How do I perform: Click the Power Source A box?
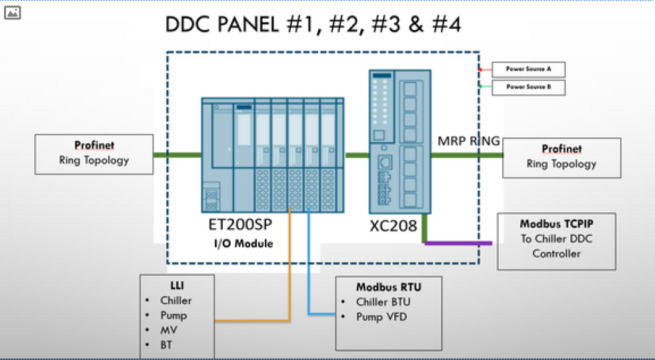click(x=528, y=69)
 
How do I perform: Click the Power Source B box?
click(x=528, y=87)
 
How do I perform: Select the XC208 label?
click(x=394, y=226)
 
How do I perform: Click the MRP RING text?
click(x=468, y=141)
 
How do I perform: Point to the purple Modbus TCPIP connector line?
click(x=460, y=243)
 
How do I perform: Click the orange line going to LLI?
click(x=253, y=321)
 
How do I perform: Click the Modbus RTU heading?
click(x=388, y=287)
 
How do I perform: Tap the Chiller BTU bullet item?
click(x=383, y=302)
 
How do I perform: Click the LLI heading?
click(x=176, y=285)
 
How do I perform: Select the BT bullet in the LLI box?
click(x=167, y=345)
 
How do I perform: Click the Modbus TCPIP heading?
click(x=556, y=225)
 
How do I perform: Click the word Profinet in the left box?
click(x=93, y=145)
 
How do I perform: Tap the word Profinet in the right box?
click(x=561, y=149)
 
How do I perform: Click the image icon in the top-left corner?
click(x=12, y=12)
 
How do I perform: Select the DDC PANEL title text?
click(x=313, y=25)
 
